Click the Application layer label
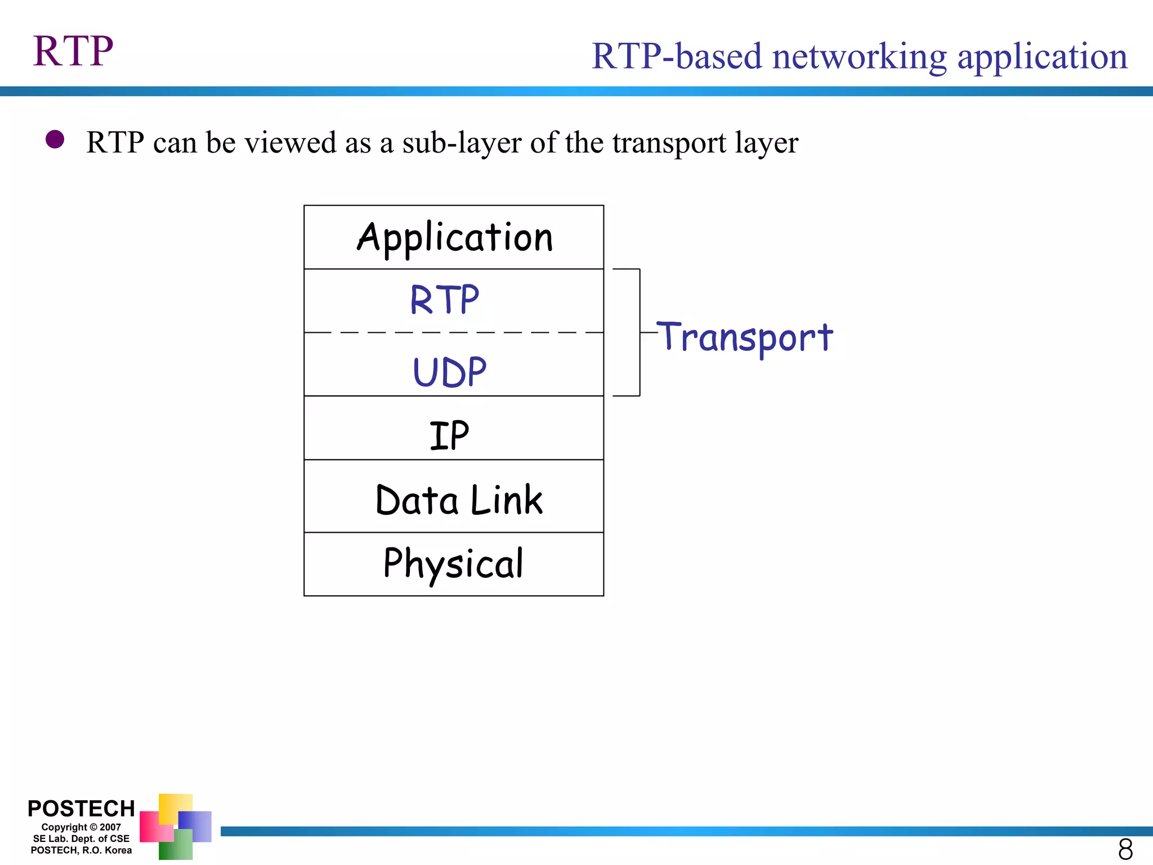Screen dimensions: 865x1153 point(455,238)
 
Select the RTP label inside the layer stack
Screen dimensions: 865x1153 point(444,300)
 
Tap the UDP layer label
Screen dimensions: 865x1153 point(449,372)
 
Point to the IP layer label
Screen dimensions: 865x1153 point(449,435)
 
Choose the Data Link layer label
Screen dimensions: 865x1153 point(459,500)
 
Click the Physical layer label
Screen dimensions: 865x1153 point(453,563)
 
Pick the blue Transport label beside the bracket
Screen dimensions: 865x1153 point(744,337)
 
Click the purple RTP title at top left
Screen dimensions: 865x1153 point(73,51)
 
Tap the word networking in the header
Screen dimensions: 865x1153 point(859,57)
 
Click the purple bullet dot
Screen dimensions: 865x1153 point(55,139)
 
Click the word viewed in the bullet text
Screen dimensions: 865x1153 point(291,142)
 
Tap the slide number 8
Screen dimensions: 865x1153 point(1125,849)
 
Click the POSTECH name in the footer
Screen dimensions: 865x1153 point(81,809)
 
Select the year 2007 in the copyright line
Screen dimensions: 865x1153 point(110,827)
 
